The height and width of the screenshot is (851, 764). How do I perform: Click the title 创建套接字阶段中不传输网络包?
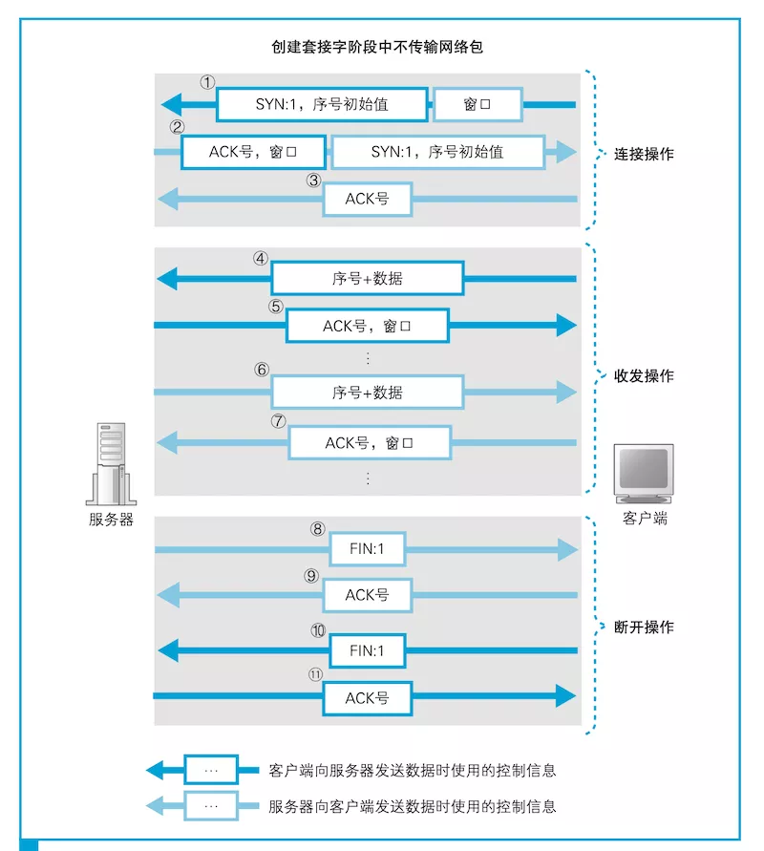click(377, 46)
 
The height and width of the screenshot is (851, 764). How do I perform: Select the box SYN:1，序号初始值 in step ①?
click(322, 104)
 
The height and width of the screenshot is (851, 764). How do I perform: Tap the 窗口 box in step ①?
click(477, 104)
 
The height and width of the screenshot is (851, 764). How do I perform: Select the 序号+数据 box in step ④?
click(368, 279)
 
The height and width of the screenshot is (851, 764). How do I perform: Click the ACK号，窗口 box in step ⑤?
click(368, 326)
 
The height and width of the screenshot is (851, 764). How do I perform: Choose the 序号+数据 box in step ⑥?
click(368, 392)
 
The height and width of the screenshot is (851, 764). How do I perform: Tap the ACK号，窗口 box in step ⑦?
click(368, 443)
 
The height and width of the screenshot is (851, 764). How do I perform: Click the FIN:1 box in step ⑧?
click(368, 550)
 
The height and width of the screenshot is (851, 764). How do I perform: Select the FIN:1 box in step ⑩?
click(368, 651)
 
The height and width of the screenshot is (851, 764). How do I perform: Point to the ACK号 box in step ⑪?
click(368, 697)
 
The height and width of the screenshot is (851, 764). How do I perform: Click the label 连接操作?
click(644, 153)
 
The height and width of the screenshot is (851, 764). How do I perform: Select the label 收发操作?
click(644, 376)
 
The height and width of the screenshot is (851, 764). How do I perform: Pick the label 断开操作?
click(644, 628)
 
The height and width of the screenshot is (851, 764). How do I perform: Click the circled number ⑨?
click(311, 576)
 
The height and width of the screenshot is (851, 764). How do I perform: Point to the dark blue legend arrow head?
click(157, 770)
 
